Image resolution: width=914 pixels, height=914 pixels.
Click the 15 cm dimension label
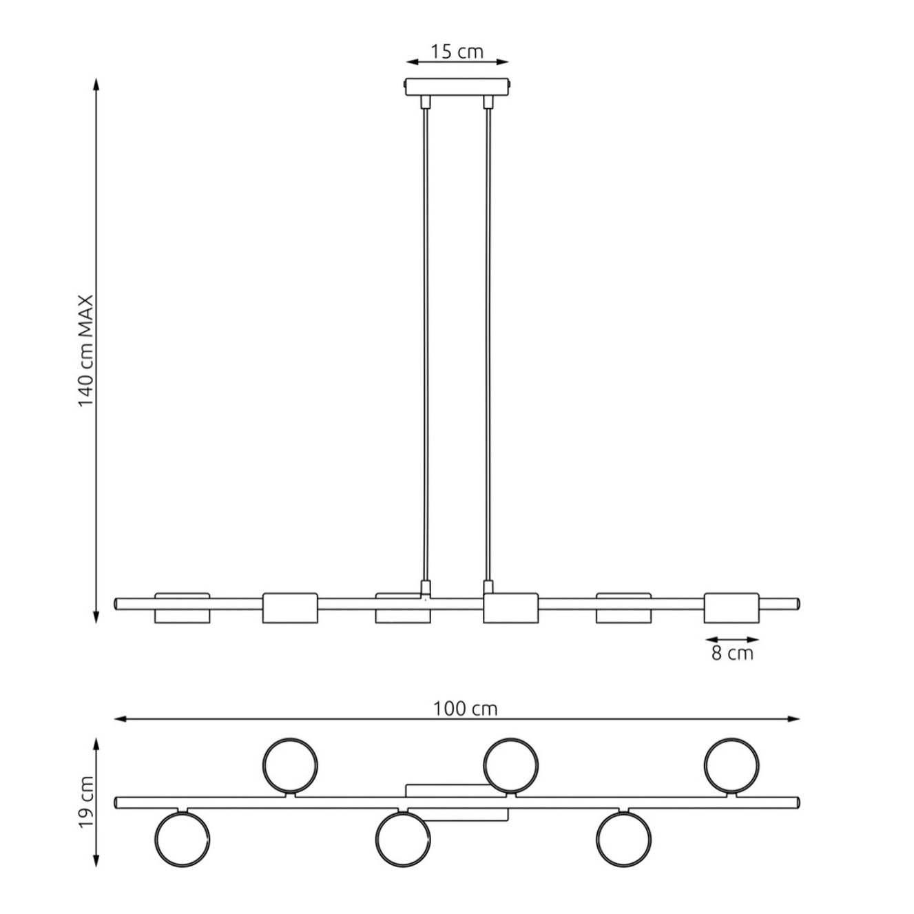click(457, 51)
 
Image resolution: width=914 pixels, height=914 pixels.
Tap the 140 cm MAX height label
click(87, 351)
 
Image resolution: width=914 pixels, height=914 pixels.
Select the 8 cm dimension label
click(732, 654)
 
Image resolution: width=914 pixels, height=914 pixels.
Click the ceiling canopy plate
click(457, 87)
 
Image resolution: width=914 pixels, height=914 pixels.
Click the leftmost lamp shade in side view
click(182, 607)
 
